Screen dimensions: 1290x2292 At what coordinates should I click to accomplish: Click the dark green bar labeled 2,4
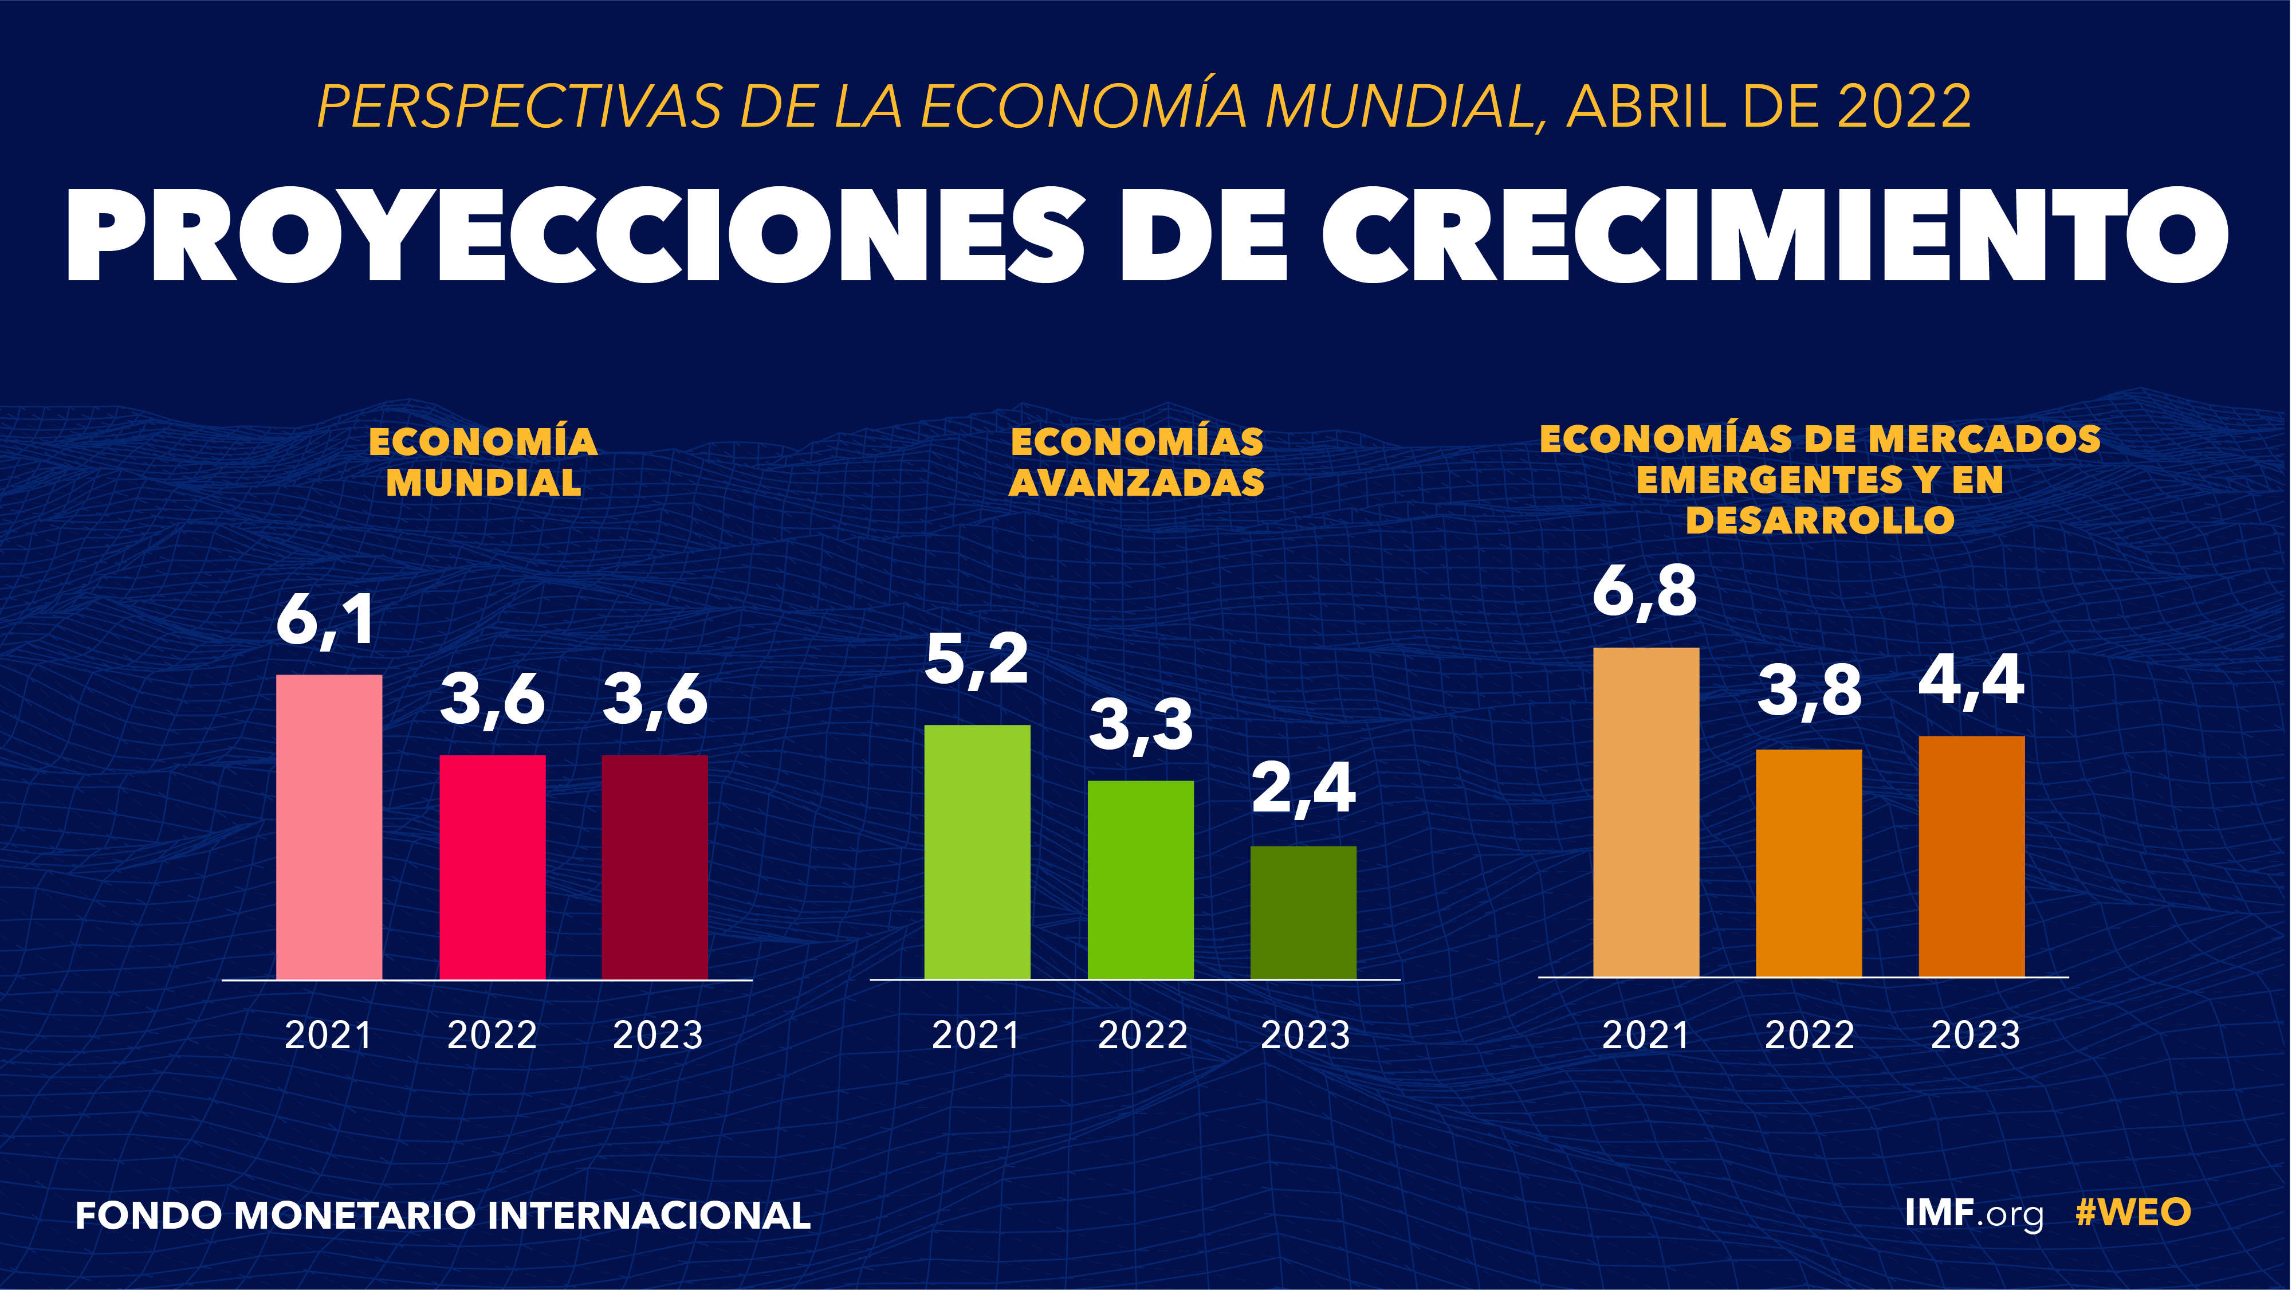[x=1303, y=912]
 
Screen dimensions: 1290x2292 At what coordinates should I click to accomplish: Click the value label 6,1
[x=325, y=621]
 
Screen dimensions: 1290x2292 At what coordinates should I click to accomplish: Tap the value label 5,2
[x=976, y=660]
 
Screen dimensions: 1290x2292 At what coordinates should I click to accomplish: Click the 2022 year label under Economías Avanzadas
[x=1142, y=1034]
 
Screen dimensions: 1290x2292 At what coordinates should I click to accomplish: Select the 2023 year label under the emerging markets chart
[x=1975, y=1034]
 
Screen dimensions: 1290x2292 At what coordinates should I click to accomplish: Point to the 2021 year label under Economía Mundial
[x=328, y=1034]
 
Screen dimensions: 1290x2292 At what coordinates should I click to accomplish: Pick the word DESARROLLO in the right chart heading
[x=1819, y=520]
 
